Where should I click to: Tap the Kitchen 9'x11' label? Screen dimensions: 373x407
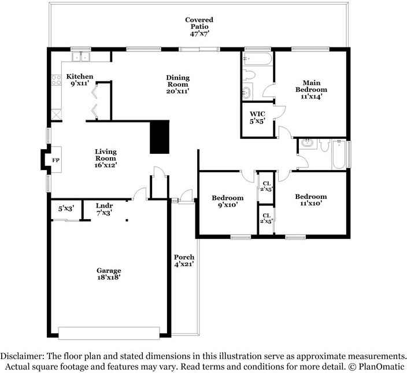pyautogui.click(x=80, y=80)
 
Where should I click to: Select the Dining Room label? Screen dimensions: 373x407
pyautogui.click(x=177, y=84)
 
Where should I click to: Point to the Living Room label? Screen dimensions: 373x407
pyautogui.click(x=106, y=158)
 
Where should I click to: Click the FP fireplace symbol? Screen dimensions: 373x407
pyautogui.click(x=56, y=160)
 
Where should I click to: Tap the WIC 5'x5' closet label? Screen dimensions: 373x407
pyautogui.click(x=257, y=117)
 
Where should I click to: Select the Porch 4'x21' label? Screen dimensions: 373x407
pyautogui.click(x=184, y=260)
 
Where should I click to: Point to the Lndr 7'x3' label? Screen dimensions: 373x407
pyautogui.click(x=104, y=209)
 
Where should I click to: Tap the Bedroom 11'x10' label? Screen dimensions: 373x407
pyautogui.click(x=311, y=200)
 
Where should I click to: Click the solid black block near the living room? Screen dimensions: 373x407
pyautogui.click(x=160, y=137)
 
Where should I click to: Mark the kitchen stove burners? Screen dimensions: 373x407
pyautogui.click(x=57, y=82)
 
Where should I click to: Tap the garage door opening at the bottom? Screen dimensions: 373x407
pyautogui.click(x=109, y=334)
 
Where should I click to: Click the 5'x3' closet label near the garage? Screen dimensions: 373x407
pyautogui.click(x=65, y=209)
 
